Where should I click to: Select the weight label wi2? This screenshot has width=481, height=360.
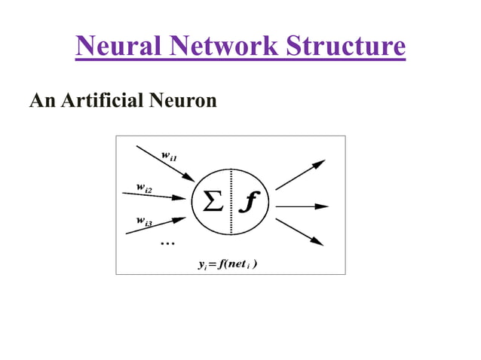(x=144, y=188)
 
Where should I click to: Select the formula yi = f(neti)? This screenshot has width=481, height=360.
(x=227, y=264)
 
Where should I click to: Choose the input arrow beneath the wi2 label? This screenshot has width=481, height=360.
(x=154, y=196)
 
